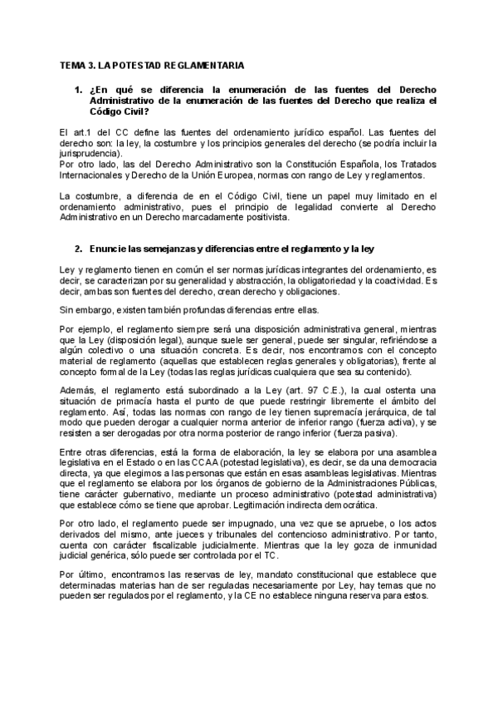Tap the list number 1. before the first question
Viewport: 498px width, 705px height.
point(79,89)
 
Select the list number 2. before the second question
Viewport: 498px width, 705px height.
point(79,249)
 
